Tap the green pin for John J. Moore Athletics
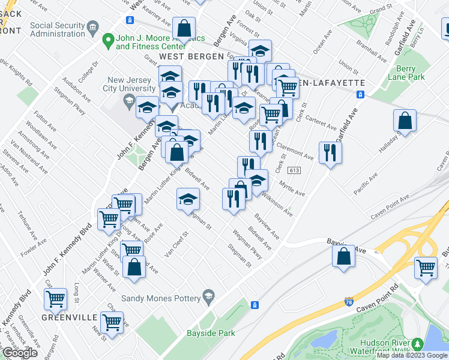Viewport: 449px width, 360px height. click(108, 41)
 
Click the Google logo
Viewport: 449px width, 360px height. click(19, 353)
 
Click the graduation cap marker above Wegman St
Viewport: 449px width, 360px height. click(188, 199)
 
